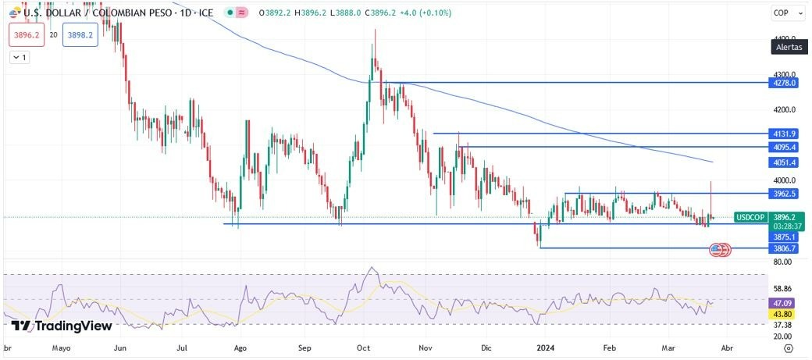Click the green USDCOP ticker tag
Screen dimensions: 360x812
pos(750,217)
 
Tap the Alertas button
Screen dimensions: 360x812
pos(789,48)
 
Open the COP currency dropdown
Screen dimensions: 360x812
pos(783,12)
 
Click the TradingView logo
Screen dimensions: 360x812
pos(62,326)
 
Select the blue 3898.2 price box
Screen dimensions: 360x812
pos(81,35)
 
